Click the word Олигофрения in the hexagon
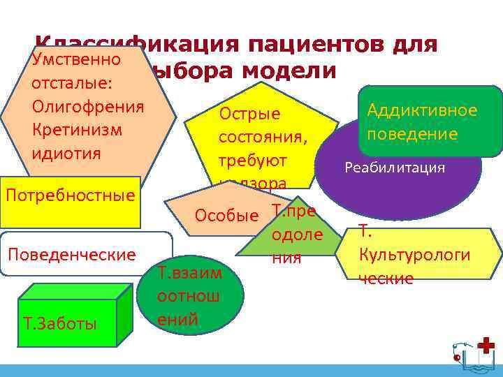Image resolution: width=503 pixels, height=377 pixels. tap(87, 106)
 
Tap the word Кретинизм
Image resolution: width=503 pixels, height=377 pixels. tap(77, 129)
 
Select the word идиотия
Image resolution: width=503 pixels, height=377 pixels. tap(66, 152)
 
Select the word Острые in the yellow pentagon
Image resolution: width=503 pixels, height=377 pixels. tap(249, 113)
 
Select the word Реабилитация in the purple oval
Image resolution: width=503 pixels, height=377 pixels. tap(394, 168)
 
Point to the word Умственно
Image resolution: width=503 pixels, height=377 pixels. tap(77, 59)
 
